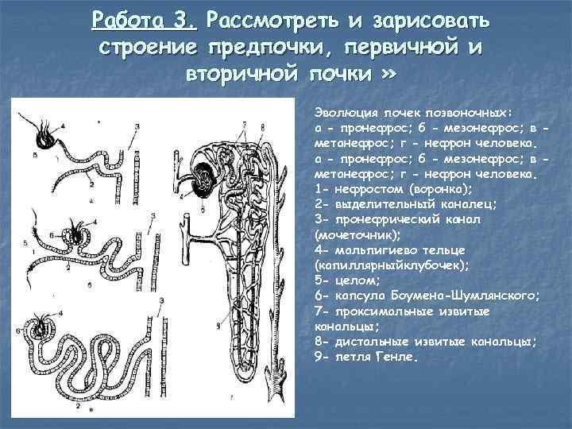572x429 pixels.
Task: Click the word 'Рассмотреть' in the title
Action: point(267,19)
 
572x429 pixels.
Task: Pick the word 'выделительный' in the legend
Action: point(373,203)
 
